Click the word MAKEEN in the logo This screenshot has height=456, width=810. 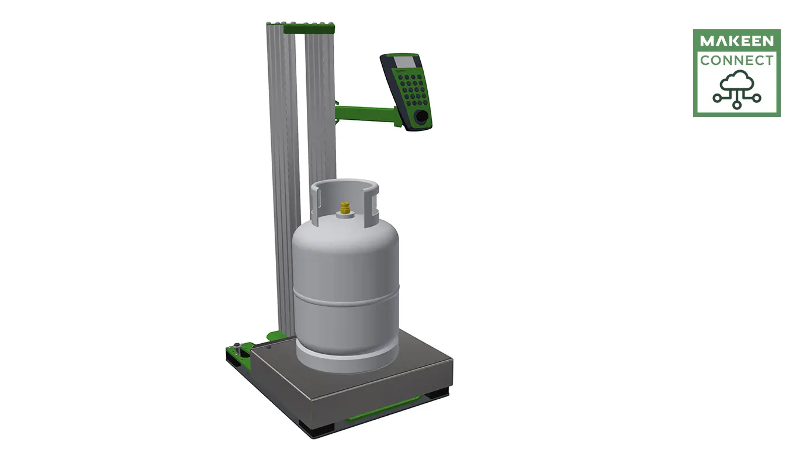(736, 42)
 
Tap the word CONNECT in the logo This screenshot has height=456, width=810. (736, 60)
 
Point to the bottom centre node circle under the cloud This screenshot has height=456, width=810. (737, 105)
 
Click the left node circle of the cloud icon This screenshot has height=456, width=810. (717, 98)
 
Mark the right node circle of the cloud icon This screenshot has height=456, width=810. (757, 98)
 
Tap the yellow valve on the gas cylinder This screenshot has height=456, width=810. (345, 209)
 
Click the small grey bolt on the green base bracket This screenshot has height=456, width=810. (237, 345)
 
